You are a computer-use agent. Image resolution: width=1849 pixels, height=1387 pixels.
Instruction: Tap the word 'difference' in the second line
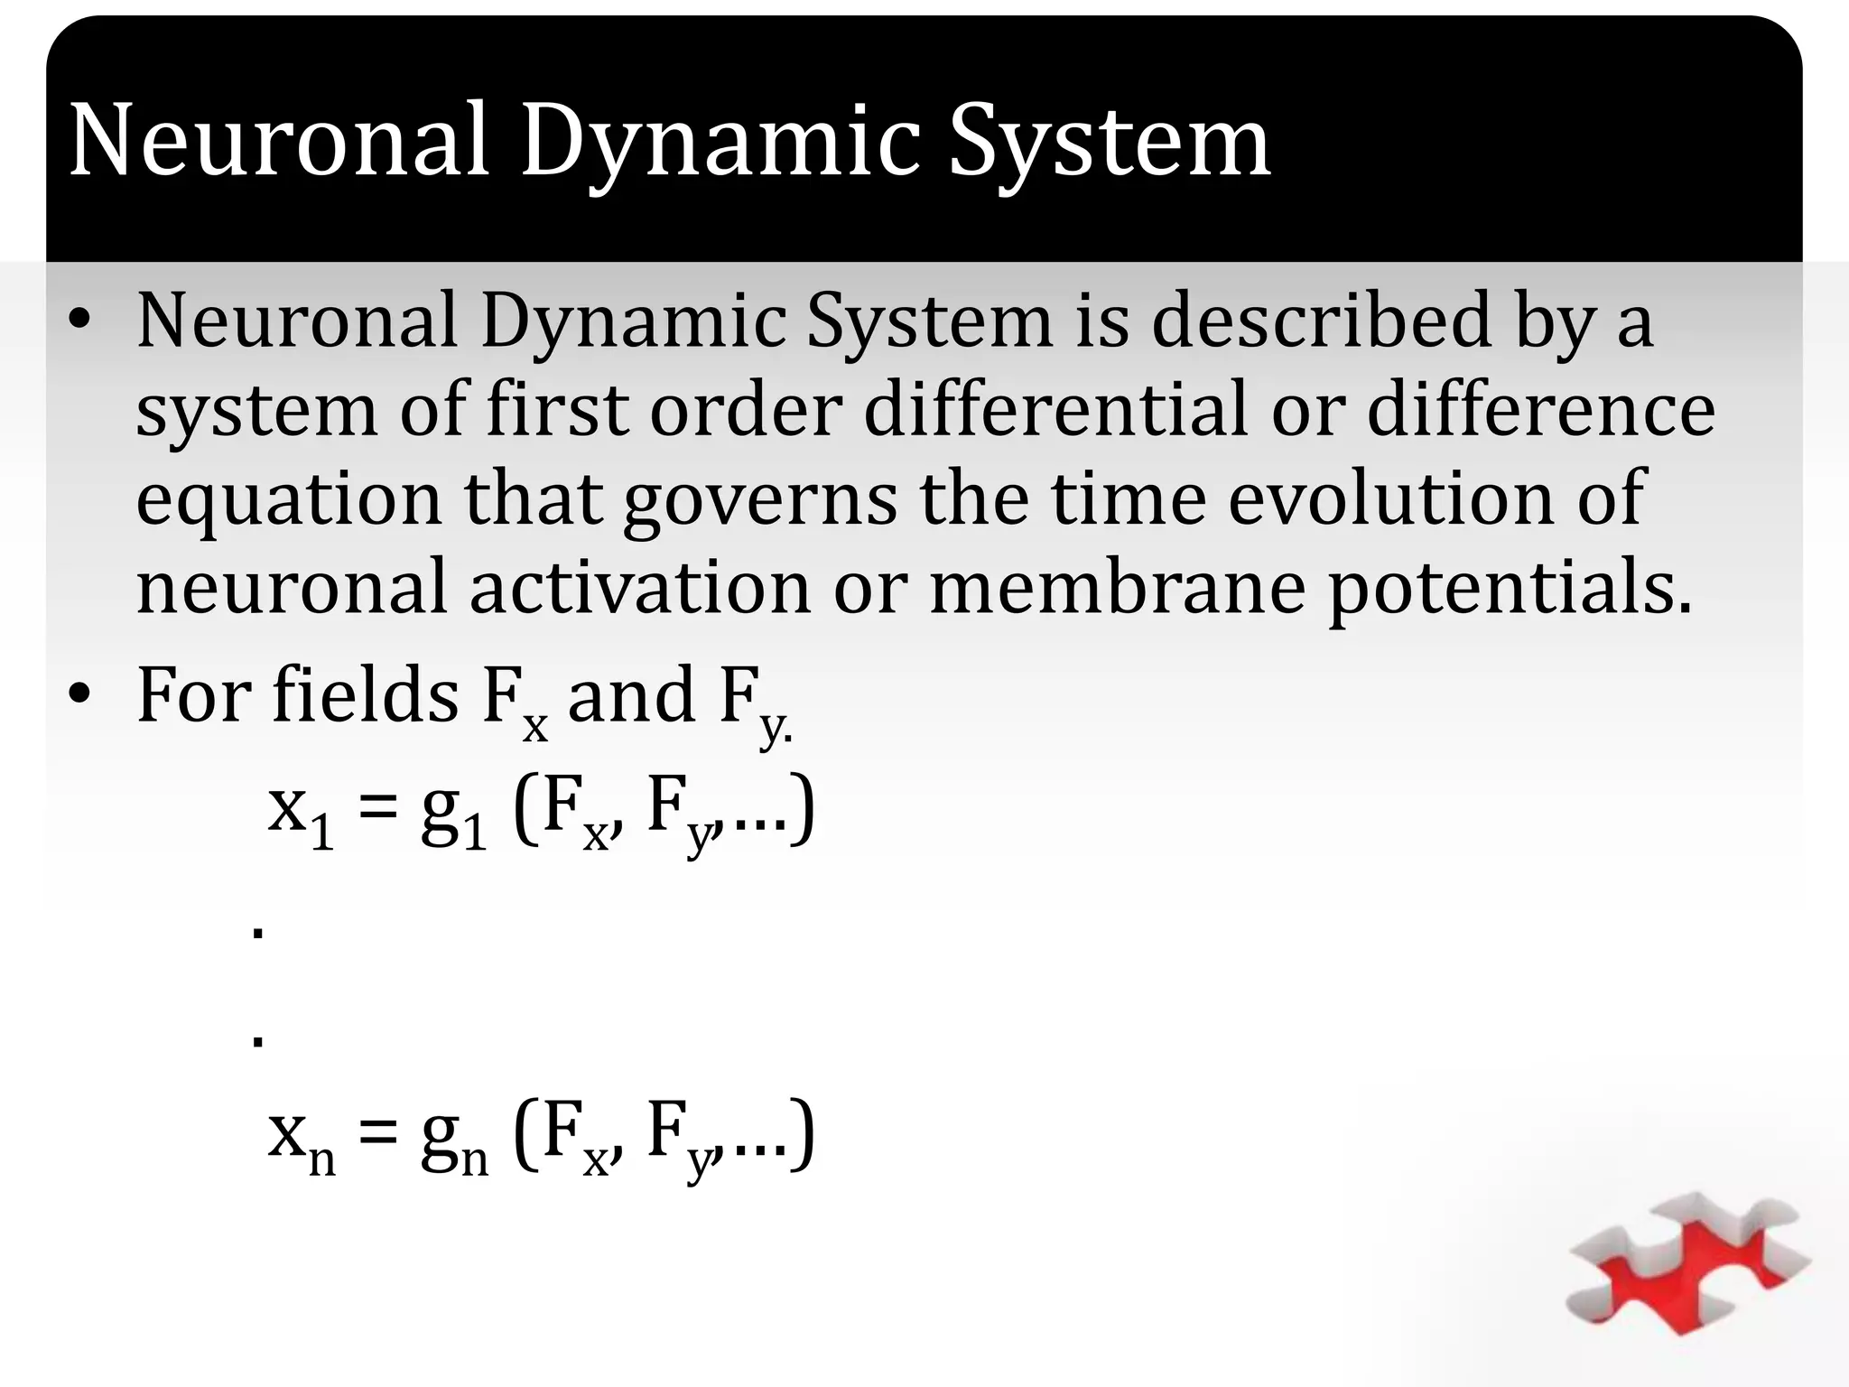1539,409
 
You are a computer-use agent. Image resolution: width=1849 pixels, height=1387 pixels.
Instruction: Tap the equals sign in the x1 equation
377,805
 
